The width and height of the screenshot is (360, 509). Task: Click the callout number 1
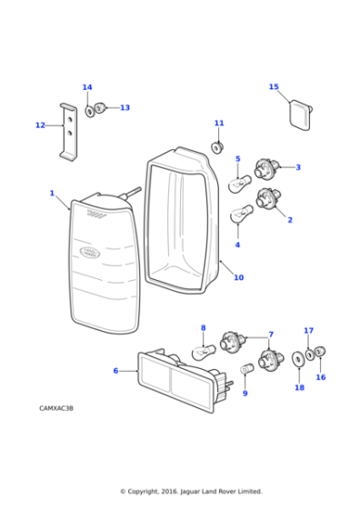click(52, 193)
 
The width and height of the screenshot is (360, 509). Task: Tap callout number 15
click(274, 87)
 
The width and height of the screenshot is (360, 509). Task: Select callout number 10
click(238, 277)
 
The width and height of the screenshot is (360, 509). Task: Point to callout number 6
click(115, 371)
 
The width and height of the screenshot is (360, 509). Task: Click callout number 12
click(40, 125)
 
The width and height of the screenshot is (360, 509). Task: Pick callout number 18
click(299, 388)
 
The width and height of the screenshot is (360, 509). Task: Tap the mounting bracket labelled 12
click(69, 130)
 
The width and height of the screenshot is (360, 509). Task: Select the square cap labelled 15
click(301, 115)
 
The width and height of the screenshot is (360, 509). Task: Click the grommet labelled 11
click(218, 145)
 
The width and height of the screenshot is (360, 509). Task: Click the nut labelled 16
click(320, 352)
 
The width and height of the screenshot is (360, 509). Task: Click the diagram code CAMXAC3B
click(56, 409)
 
